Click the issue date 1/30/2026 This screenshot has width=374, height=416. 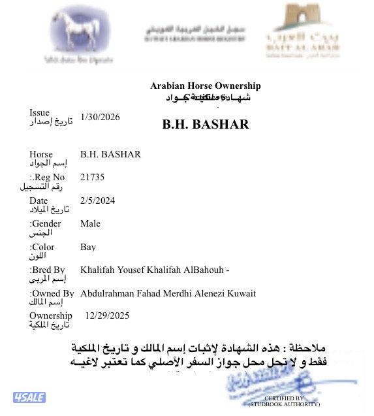pyautogui.click(x=100, y=118)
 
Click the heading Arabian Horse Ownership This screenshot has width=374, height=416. pyautogui.click(x=206, y=86)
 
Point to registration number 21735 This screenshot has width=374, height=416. pyautogui.click(x=92, y=177)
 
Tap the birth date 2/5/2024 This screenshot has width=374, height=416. pyautogui.click(x=97, y=200)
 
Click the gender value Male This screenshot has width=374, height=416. pyautogui.click(x=90, y=224)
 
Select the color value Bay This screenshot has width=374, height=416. pyautogui.click(x=88, y=248)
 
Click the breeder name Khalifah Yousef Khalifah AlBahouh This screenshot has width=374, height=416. pyautogui.click(x=152, y=270)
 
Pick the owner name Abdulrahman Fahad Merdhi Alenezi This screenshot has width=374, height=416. pyautogui.click(x=157, y=293)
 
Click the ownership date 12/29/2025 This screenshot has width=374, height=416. pyautogui.click(x=107, y=315)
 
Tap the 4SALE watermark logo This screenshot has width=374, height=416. pyautogui.click(x=28, y=397)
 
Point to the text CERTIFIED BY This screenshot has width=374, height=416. pyautogui.click(x=284, y=398)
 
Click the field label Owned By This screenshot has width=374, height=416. pyautogui.click(x=52, y=293)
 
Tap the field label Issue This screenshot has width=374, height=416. pyautogui.click(x=39, y=113)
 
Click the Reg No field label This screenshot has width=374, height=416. pyautogui.click(x=48, y=177)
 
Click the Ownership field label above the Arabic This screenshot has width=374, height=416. pyautogui.click(x=50, y=315)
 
